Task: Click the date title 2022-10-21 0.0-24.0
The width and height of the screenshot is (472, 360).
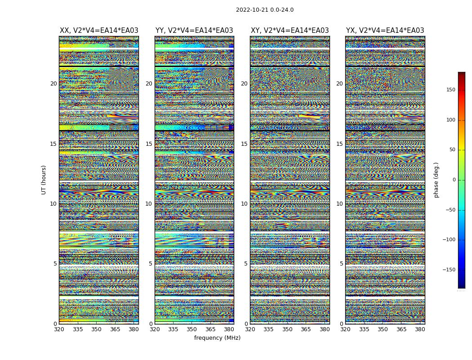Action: point(264,10)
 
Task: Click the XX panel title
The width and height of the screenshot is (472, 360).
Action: point(99,31)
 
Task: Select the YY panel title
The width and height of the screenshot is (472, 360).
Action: point(194,31)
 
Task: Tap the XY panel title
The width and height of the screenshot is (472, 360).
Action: point(289,31)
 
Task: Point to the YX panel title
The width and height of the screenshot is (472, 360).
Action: point(385,31)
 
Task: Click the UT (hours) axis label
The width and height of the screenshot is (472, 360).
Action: point(44,180)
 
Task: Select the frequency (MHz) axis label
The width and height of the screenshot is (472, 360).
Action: point(217,338)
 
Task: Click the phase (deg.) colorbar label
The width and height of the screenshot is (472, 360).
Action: point(436,180)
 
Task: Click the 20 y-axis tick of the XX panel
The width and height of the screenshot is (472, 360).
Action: point(53,84)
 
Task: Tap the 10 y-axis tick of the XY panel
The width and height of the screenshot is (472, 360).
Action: point(244,204)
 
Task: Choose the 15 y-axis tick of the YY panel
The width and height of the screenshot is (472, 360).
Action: point(148,144)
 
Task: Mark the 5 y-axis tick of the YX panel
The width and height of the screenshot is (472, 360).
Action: point(341,264)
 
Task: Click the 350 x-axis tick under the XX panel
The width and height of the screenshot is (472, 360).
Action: point(96,329)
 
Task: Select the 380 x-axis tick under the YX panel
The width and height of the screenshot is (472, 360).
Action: point(420,329)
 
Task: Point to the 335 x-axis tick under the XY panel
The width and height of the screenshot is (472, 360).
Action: point(268,329)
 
